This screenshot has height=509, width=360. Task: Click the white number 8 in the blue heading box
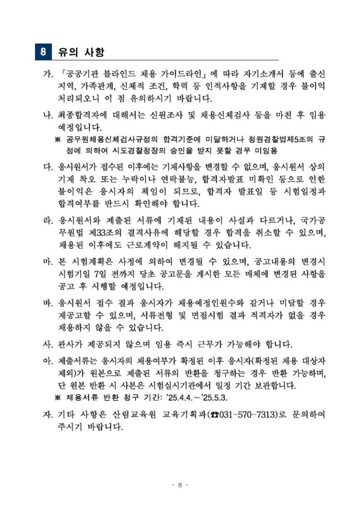point(43,51)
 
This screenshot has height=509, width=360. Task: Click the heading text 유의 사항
point(80,51)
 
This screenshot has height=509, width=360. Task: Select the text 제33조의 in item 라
point(100,233)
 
